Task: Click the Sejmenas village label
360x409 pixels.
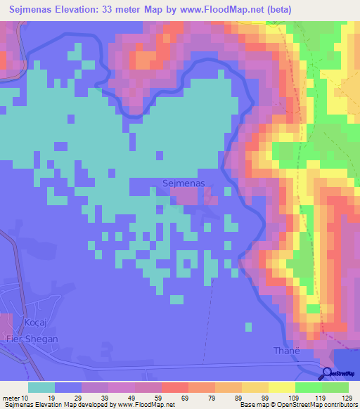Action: [x=183, y=183]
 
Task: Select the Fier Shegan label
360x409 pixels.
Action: [x=32, y=339]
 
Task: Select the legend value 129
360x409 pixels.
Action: [x=347, y=397]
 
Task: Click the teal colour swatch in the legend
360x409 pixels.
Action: [x=41, y=387]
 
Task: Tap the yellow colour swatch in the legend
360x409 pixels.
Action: [x=282, y=387]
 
